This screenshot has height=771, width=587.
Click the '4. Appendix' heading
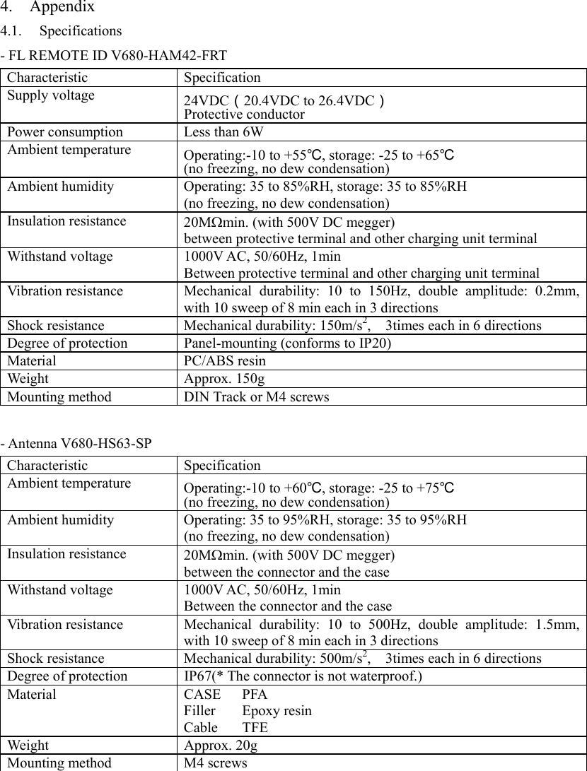pyautogui.click(x=47, y=8)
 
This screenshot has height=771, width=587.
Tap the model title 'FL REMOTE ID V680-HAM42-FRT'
pyautogui.click(x=117, y=55)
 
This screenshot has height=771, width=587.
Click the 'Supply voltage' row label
pyautogui.click(x=51, y=95)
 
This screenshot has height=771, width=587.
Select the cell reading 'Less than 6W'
pyautogui.click(x=220, y=132)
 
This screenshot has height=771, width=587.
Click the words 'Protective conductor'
pyautogui.click(x=244, y=114)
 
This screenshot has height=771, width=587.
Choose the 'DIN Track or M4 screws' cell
pyautogui.click(x=256, y=397)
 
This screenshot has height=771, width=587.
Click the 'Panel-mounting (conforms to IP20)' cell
pyautogui.click(x=287, y=343)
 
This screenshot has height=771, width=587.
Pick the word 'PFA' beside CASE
pyautogui.click(x=255, y=694)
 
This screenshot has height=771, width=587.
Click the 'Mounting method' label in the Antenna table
pyautogui.click(x=59, y=763)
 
